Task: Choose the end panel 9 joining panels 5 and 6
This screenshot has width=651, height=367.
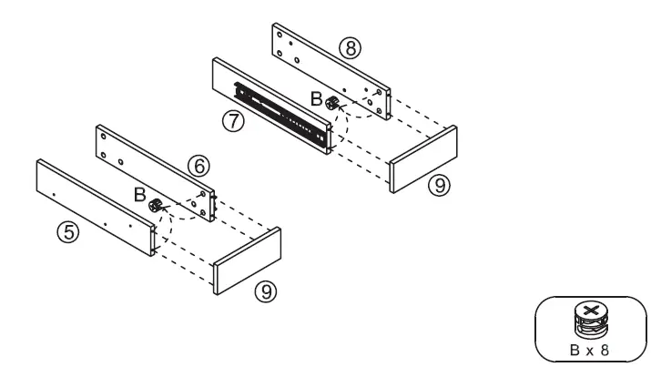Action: pos(247,260)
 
